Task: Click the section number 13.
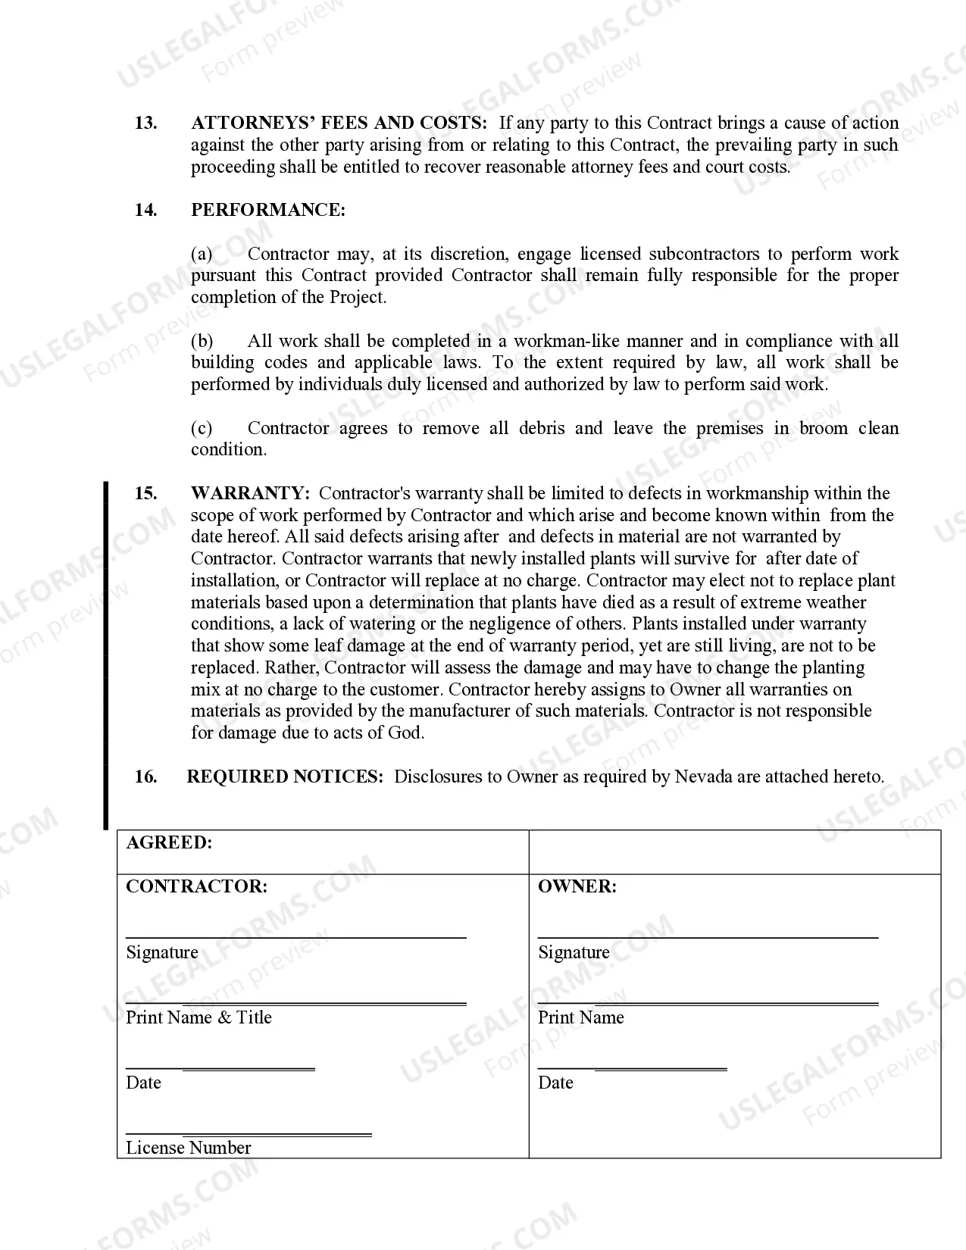coord(146,123)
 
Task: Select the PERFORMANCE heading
coord(268,211)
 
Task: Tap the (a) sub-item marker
coord(202,255)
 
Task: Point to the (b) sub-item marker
coord(202,342)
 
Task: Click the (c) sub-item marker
coord(202,429)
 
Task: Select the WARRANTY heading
coord(250,494)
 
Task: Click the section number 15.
coord(146,494)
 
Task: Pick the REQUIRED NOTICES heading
coord(285,777)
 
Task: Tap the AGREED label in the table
coord(169,843)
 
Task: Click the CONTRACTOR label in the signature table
coord(196,887)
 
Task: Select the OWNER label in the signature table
coord(577,887)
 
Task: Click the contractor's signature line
coord(295,937)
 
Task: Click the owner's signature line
coord(708,937)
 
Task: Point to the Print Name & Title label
coord(199,1017)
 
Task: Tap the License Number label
coord(188,1148)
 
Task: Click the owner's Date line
coord(632,1069)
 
